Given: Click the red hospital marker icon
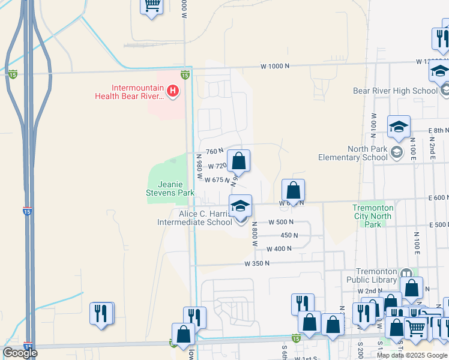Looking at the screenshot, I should click(173, 92).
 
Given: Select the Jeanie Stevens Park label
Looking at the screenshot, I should click(170, 188).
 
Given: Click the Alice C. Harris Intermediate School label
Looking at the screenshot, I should click(194, 218).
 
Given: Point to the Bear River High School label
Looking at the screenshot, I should click(395, 91).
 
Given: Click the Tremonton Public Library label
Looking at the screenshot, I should click(372, 275).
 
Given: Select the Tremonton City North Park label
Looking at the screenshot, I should click(373, 216).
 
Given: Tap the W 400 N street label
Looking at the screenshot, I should click(279, 249).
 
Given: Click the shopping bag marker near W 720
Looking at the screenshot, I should click(238, 161).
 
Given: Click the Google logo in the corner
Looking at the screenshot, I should click(20, 353).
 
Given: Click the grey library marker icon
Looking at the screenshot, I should click(405, 273).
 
